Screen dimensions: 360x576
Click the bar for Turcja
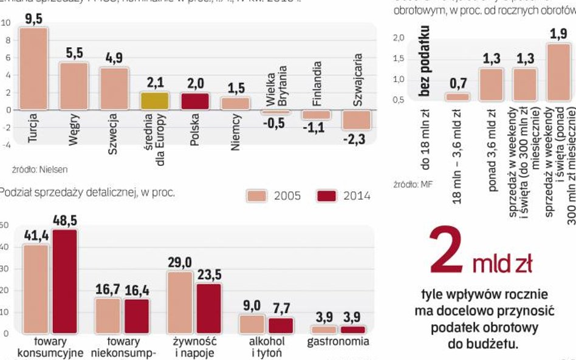tap(34, 69)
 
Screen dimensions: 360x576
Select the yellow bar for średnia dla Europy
tap(154, 100)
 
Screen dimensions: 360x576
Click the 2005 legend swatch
tap(256, 195)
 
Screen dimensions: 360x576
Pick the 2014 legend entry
tap(344, 195)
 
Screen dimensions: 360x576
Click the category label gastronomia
tap(338, 342)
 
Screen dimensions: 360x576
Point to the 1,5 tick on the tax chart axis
tap(399, 58)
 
